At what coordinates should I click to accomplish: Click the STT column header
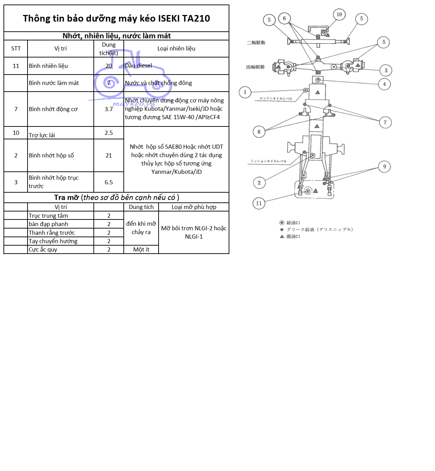pos(16,48)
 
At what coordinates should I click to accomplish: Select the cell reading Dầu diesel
pos(138,65)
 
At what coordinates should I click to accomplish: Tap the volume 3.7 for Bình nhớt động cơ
pos(109,109)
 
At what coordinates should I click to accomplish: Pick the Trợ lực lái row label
pos(42,135)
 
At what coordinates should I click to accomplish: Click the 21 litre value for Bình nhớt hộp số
pos(109,155)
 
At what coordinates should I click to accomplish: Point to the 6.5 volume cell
pos(109,182)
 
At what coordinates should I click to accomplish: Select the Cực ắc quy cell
pos(43,249)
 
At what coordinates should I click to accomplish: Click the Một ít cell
pos(141,249)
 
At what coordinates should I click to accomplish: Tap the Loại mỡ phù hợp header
pos(194,207)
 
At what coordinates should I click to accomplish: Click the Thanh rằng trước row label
pos(52,233)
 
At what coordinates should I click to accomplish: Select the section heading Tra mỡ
pos(66,198)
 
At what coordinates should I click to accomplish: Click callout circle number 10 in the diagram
pos(339,15)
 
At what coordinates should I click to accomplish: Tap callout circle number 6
pos(284,18)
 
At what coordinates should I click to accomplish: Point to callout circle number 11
pos(259,203)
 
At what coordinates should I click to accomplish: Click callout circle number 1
pos(245,92)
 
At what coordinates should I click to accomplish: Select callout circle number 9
pos(384,167)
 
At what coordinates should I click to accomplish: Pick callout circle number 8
pos(259,132)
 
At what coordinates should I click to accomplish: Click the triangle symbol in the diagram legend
pos(282,237)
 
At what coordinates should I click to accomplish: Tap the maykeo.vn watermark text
pos(133,104)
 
